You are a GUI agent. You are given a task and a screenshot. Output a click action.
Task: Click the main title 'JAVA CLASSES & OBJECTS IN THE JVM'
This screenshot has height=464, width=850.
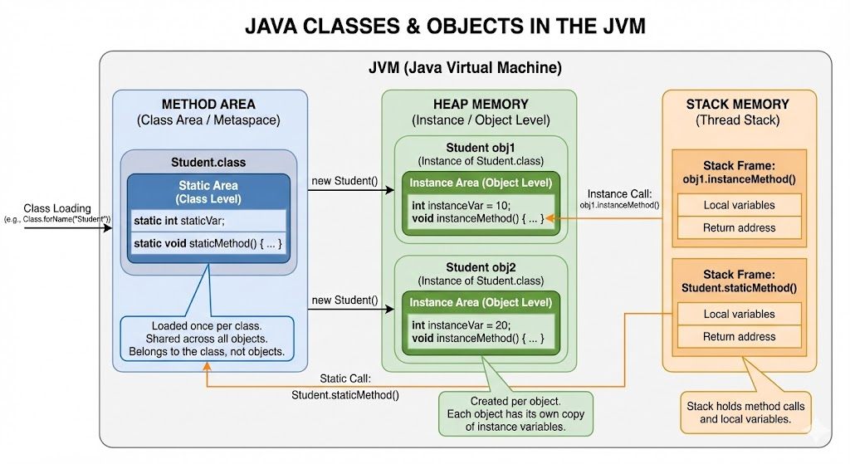click(x=445, y=26)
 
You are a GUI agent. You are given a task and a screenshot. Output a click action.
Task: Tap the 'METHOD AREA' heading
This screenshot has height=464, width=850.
click(x=208, y=104)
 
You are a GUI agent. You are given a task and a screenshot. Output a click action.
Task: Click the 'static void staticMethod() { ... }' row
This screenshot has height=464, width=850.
click(x=208, y=243)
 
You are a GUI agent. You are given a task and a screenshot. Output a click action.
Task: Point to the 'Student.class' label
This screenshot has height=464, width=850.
click(x=208, y=162)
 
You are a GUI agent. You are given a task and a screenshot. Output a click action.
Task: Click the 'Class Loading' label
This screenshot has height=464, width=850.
click(x=57, y=208)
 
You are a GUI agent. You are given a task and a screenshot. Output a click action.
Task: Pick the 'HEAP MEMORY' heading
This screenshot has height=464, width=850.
click(x=481, y=104)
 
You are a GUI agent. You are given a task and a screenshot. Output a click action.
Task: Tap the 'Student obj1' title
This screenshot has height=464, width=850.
click(x=481, y=148)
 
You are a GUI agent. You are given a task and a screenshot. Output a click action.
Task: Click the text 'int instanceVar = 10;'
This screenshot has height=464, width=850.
click(x=461, y=206)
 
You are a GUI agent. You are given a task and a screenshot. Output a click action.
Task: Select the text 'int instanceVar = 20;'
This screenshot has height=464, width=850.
click(x=461, y=325)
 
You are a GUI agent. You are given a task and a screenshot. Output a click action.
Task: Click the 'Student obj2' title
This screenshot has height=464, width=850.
click(x=481, y=267)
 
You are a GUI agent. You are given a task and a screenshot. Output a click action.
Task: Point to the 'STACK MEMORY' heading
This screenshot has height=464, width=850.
click(x=737, y=104)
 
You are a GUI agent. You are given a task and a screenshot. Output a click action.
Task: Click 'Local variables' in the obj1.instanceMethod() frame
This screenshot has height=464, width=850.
click(x=739, y=205)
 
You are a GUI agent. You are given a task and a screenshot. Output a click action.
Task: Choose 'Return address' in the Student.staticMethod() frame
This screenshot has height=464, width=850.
click(x=739, y=337)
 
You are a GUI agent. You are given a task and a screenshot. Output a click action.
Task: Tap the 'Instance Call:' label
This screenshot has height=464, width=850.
click(x=619, y=194)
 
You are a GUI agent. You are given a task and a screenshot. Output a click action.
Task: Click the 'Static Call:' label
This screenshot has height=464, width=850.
click(x=345, y=379)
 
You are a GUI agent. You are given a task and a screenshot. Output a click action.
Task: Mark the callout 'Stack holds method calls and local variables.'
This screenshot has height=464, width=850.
click(x=745, y=413)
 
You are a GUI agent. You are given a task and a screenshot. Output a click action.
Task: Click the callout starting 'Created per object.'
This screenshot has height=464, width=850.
click(x=515, y=413)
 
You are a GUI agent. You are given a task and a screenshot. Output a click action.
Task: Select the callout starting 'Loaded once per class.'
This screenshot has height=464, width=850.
click(x=207, y=339)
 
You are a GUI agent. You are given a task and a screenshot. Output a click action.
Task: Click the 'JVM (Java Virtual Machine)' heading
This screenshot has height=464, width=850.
click(x=465, y=68)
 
